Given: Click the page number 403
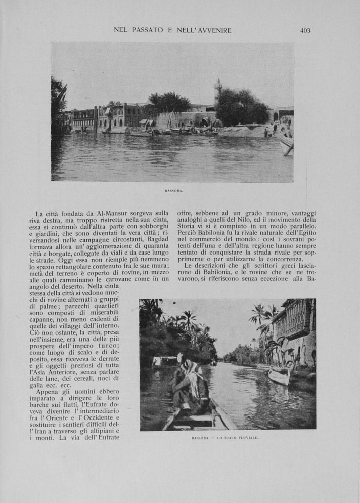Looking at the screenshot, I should [x=305, y=30].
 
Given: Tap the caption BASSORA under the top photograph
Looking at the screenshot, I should [x=174, y=191].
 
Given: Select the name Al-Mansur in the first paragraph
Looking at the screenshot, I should [x=104, y=213].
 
